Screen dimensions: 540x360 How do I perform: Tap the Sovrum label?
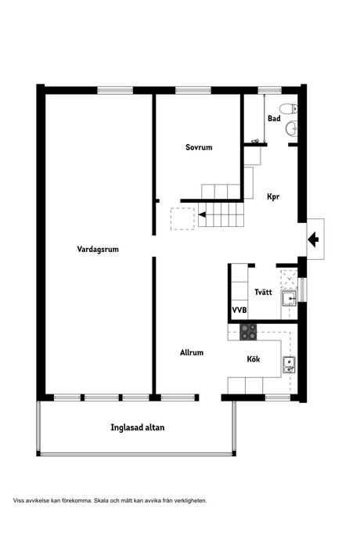pos(199,147)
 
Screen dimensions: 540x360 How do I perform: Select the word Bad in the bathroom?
pos(274,119)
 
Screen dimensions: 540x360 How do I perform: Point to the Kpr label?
pos(273,197)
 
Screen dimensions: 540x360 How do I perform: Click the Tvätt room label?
pos(264,292)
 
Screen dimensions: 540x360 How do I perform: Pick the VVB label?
pos(239,311)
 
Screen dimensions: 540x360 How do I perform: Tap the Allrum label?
pos(191,353)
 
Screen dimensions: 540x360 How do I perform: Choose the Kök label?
pos(253,360)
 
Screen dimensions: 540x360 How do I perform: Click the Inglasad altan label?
pos(138,427)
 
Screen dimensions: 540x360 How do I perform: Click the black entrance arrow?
pos(313,239)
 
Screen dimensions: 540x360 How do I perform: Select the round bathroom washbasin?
pos(291,128)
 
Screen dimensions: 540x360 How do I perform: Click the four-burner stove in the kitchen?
pos(248,332)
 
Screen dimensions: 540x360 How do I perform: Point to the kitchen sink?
pos(288,362)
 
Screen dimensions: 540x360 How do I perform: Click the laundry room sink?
pos(290,297)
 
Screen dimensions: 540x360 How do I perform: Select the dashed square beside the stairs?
pos(182,218)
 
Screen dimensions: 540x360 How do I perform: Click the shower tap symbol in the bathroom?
pos(255,141)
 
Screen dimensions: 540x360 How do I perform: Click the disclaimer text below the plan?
pos(110,499)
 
